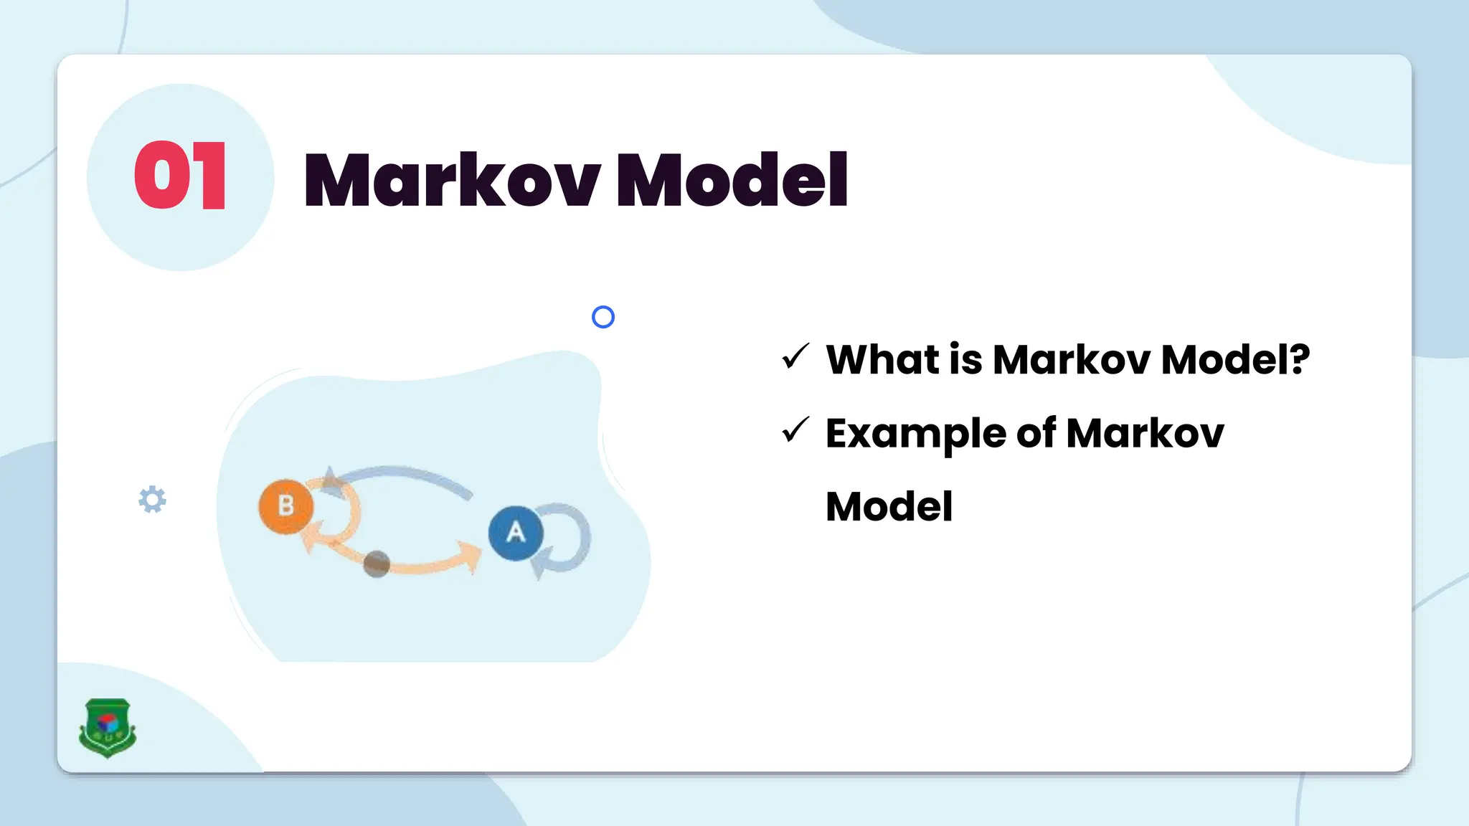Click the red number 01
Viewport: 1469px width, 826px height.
point(180,176)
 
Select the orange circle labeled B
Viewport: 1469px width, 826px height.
point(285,506)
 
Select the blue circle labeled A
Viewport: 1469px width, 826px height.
point(515,533)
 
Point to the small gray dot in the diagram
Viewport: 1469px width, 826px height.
point(377,564)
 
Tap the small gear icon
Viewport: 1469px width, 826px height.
point(152,500)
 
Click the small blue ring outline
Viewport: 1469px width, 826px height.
point(603,317)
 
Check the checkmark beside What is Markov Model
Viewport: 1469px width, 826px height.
point(795,356)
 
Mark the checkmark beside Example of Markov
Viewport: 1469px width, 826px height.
point(795,430)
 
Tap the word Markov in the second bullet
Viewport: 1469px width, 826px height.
point(1146,433)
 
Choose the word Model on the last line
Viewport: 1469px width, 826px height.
point(889,507)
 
